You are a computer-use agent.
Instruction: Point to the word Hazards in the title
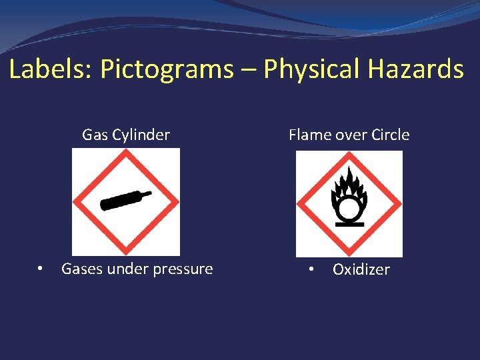(x=417, y=69)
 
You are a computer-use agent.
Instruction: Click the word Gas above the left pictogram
(x=94, y=135)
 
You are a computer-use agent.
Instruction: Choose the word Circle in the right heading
(x=391, y=135)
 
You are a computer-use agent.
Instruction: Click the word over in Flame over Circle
(x=351, y=135)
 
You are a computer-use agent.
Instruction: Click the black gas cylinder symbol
(x=125, y=200)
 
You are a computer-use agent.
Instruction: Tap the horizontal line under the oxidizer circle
(x=349, y=225)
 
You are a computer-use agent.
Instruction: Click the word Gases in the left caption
(x=81, y=269)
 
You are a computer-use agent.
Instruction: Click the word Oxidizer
(x=361, y=269)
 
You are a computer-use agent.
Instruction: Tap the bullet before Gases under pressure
(x=41, y=269)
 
